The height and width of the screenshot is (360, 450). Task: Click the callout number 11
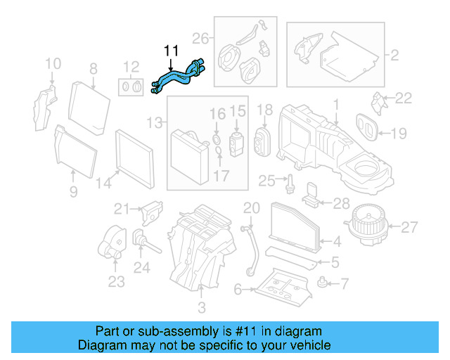click(x=172, y=51)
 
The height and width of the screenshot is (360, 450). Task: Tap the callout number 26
click(x=200, y=37)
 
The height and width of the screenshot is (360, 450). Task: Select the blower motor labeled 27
click(x=365, y=226)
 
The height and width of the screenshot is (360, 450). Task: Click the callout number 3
click(x=201, y=307)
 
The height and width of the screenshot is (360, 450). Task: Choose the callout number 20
click(x=252, y=207)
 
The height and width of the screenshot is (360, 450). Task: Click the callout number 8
click(x=92, y=69)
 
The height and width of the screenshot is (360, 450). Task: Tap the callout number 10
click(x=53, y=65)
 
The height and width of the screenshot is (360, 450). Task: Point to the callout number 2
click(x=394, y=54)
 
